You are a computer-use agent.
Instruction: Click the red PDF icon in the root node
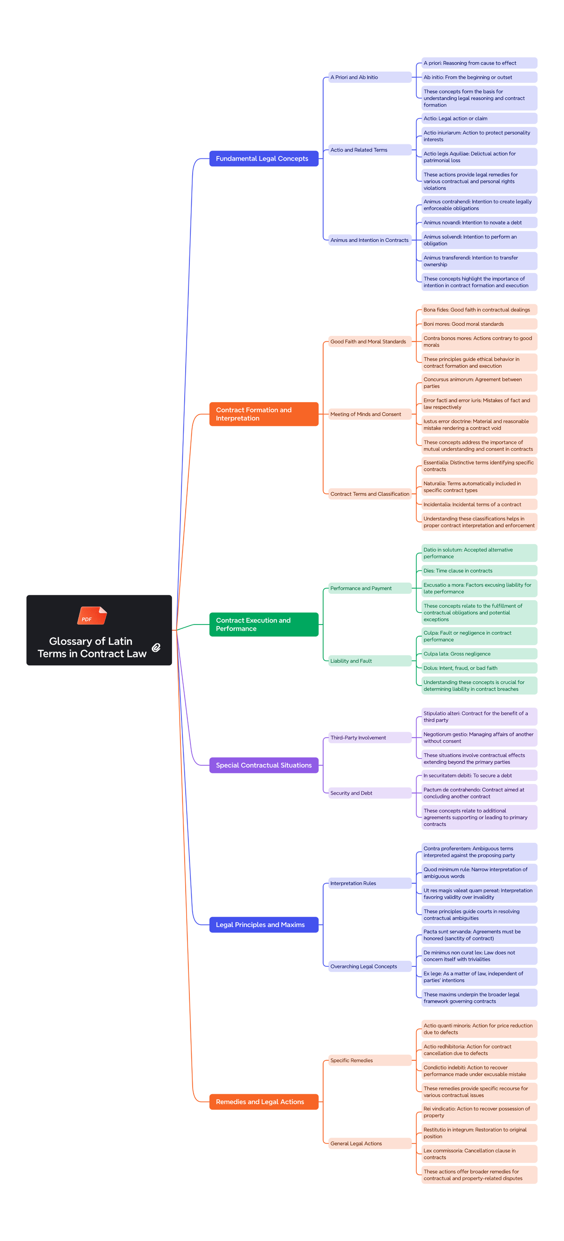pos(92,615)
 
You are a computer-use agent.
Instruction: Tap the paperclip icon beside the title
pos(156,648)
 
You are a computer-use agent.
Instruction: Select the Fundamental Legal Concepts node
pos(264,158)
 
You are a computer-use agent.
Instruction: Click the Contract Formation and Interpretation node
pos(264,414)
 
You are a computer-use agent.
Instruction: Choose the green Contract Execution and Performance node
pos(264,624)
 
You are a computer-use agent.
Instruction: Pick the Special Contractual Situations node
pos(264,765)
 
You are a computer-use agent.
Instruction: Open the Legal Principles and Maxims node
pos(264,925)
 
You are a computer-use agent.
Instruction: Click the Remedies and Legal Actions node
pos(264,1102)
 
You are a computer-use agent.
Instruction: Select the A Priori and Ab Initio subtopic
pos(369,77)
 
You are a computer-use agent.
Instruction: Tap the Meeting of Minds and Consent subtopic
pos(369,414)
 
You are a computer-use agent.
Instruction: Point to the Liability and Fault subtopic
pos(369,661)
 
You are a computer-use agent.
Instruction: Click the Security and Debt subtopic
pos(369,793)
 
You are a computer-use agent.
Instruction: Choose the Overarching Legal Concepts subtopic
pos(369,966)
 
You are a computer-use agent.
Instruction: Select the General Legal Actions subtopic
pos(369,1143)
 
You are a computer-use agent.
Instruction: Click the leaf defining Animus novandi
pos(479,222)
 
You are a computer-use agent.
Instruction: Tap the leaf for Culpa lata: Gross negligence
pos(479,654)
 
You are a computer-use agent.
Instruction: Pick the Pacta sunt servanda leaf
pos(479,935)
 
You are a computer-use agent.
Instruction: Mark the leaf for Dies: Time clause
pos(479,571)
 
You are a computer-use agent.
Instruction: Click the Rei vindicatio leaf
pos(479,1112)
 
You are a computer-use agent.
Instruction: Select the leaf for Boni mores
pos(479,324)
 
